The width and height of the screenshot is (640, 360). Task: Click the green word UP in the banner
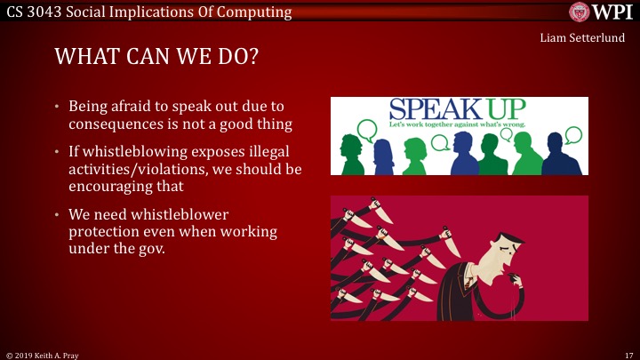click(505, 110)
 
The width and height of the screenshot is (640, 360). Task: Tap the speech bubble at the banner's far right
click(573, 136)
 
